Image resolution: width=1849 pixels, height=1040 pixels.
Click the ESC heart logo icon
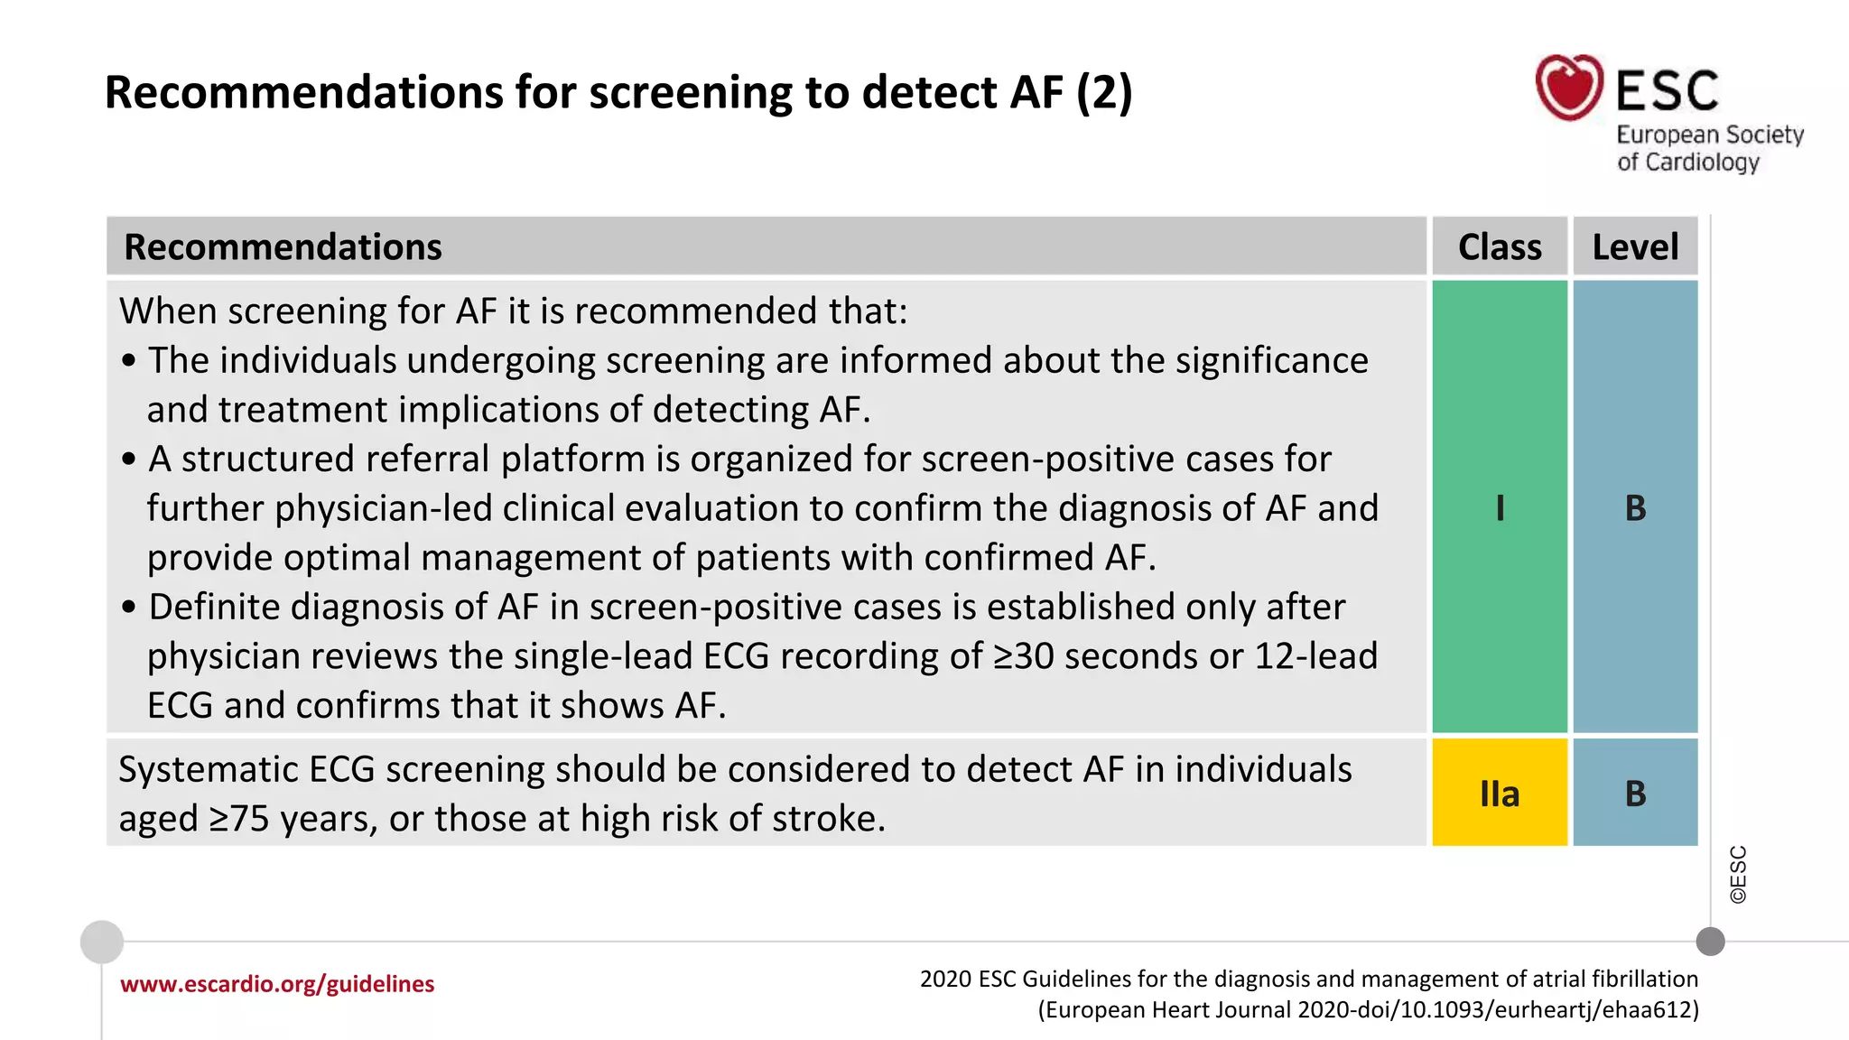point(1569,88)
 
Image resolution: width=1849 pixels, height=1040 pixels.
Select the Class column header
point(1500,247)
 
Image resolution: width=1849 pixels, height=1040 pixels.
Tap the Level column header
point(1635,247)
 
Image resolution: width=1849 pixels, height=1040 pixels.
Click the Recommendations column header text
point(283,247)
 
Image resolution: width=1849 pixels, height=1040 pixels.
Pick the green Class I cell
point(1500,507)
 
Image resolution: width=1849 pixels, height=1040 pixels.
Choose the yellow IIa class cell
point(1500,794)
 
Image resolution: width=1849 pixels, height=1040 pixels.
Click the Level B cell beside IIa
point(1635,794)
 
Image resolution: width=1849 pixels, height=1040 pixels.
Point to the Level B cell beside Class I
point(1635,507)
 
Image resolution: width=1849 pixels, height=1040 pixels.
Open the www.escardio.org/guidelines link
point(277,984)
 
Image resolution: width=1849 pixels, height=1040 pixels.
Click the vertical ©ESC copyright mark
point(1738,874)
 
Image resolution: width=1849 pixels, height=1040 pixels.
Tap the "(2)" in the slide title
point(1103,93)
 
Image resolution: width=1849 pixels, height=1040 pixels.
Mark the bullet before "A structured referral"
point(129,460)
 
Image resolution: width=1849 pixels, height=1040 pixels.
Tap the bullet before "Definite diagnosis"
point(129,608)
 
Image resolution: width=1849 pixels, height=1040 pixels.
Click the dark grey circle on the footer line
point(1710,942)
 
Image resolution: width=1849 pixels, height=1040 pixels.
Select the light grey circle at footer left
point(102,942)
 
